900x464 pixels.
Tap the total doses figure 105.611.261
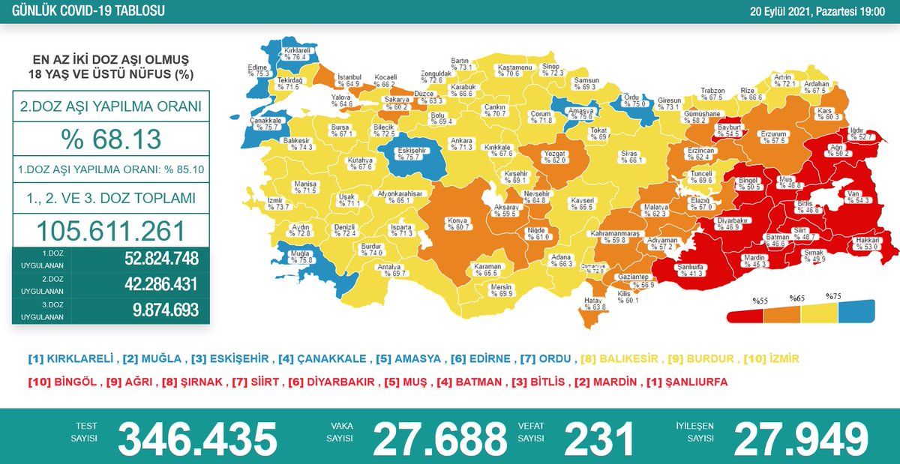pyautogui.click(x=111, y=230)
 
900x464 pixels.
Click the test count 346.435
pyautogui.click(x=197, y=439)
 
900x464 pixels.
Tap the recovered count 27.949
pyautogui.click(x=800, y=439)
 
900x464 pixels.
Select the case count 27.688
pyautogui.click(x=439, y=439)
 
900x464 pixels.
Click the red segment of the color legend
pyautogui.click(x=745, y=313)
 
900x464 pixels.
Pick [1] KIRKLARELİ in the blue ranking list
pyautogui.click(x=71, y=359)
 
